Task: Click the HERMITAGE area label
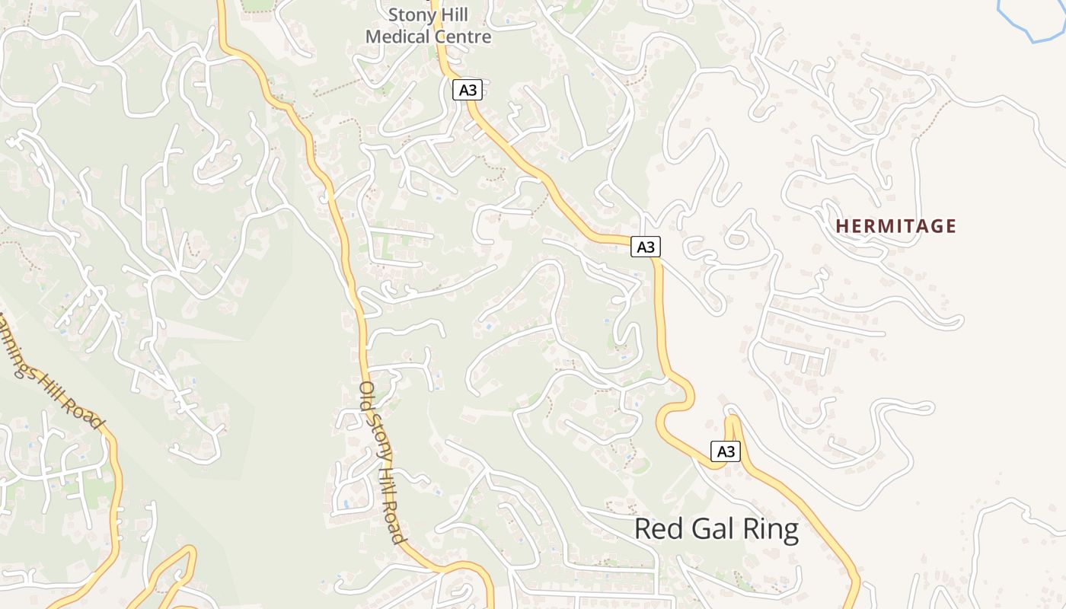[x=895, y=226]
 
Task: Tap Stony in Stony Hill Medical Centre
[x=412, y=14]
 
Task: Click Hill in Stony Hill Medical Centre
[x=454, y=14]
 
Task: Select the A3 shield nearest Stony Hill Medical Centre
[x=468, y=90]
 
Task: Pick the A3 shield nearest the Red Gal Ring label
[x=726, y=451]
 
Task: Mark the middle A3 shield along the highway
[x=645, y=247]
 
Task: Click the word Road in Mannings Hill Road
[x=83, y=412]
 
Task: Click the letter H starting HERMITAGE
[x=841, y=226]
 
